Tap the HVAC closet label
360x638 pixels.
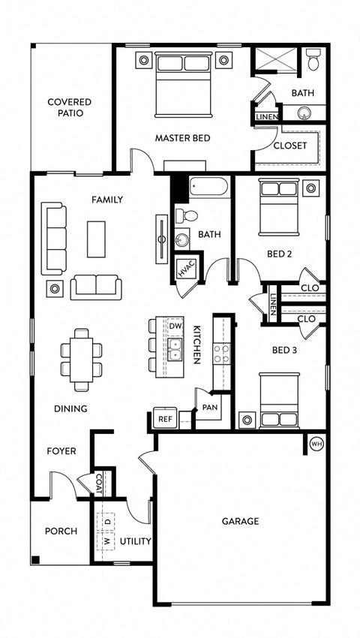185,269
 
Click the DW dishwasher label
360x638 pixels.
175,327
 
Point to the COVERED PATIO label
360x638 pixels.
69,107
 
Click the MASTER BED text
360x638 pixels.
182,138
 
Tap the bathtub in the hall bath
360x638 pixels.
209,187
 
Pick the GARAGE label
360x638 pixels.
240,521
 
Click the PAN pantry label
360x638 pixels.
209,408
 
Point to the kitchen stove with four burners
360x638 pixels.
221,354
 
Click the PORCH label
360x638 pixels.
61,531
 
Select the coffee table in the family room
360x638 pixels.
96,239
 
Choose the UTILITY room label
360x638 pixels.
136,541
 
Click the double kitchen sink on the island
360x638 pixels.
175,348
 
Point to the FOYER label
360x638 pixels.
61,451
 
